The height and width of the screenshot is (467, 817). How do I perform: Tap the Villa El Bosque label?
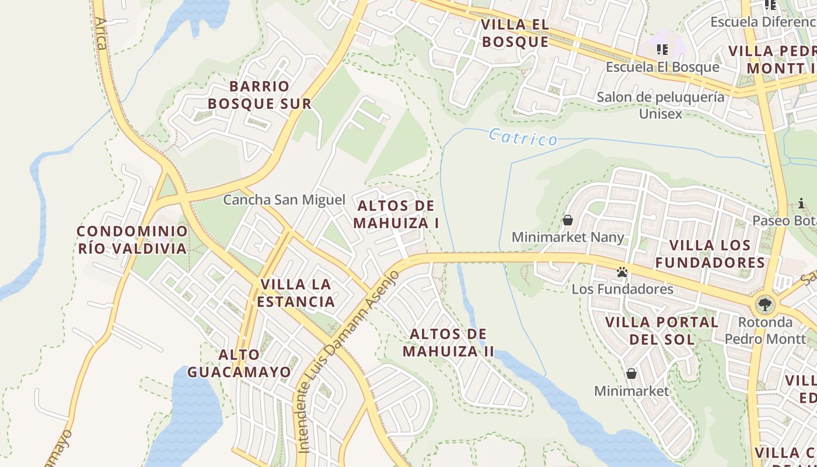coord(515,33)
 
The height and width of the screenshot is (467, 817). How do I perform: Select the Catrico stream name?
coord(523,138)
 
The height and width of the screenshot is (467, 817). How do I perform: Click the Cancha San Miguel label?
coord(284,200)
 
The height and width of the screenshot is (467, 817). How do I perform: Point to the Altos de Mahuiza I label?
coord(396,214)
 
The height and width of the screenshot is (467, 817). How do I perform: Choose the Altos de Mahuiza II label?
coord(448,343)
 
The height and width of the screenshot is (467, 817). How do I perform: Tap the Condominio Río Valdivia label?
coord(132,240)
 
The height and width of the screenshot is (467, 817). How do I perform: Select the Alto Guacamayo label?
coord(239,363)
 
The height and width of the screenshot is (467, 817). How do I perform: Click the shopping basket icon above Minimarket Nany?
coord(567,220)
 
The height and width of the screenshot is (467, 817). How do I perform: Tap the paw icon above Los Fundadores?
coord(622,272)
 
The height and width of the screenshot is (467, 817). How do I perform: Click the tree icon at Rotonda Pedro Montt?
coord(764,304)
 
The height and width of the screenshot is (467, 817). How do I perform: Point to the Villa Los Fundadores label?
coord(710,254)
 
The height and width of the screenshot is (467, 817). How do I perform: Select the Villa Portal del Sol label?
coord(662,330)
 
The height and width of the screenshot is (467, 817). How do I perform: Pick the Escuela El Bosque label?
coord(662,67)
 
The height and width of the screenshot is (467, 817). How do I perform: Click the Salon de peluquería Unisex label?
coord(660,105)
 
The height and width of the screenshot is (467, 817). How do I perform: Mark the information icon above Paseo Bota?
coord(801,204)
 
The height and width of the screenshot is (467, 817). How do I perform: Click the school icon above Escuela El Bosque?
coord(662,50)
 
